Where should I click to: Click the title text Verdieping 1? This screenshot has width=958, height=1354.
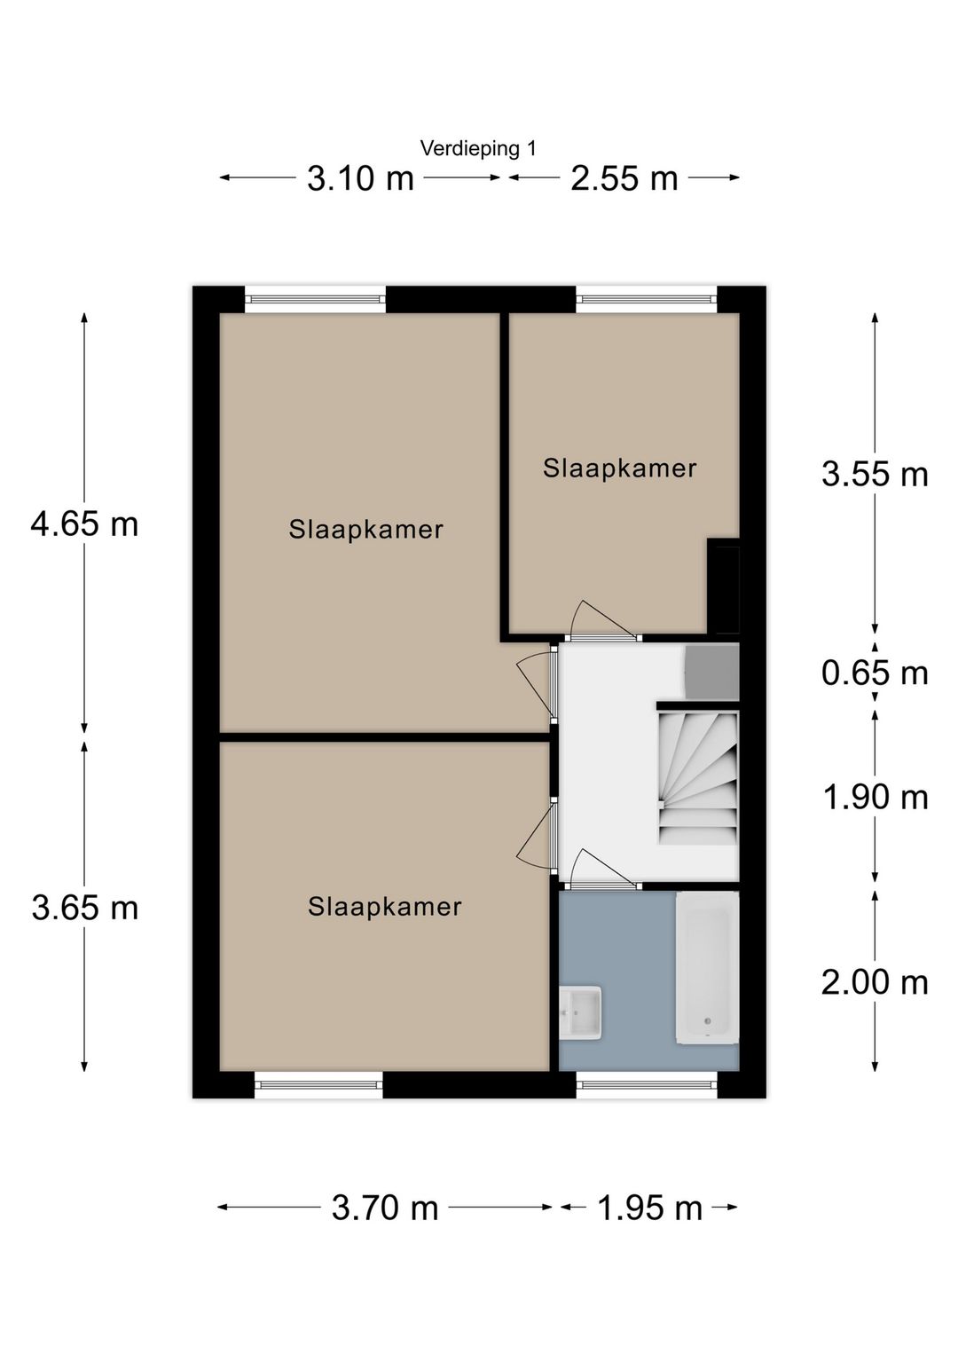coord(478,148)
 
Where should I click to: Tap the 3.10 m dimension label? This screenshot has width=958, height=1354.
coord(360,178)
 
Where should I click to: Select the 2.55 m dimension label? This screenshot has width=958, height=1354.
coord(624,178)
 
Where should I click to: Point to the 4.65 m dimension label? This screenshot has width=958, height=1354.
coord(84,523)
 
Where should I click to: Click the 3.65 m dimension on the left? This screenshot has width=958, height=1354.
coord(84,908)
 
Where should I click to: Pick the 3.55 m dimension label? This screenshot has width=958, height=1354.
coord(875,474)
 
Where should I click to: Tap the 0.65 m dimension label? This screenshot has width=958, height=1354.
coord(875,673)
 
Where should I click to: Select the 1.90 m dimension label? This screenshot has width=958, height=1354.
coord(875,797)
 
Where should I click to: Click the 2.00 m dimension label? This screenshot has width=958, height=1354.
coord(875,982)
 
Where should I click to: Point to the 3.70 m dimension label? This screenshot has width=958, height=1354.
coord(385,1208)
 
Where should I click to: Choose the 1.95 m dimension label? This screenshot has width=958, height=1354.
coord(649,1208)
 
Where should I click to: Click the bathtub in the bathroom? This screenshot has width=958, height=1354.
coord(707,968)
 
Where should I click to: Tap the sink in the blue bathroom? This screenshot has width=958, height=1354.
coord(581,1011)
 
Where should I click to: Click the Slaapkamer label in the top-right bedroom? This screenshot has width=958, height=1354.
coord(620,468)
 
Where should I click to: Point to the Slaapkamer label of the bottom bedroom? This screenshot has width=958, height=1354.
coord(384,906)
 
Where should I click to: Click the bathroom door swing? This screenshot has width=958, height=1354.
coord(601,870)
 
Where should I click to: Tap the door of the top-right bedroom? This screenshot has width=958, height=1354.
coord(601,621)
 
